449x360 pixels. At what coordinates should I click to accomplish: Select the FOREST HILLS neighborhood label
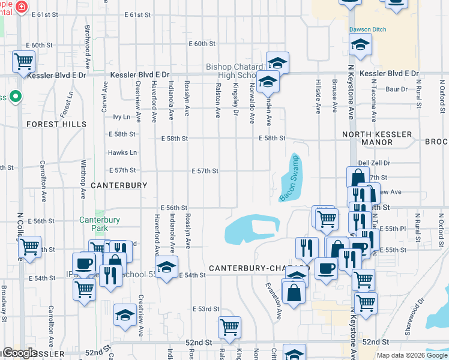tap(56, 124)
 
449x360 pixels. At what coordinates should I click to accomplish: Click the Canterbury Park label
tap(100, 224)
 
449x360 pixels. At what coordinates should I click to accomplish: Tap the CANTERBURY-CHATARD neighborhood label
tap(258, 267)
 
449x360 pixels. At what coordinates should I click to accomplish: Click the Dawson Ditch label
tap(368, 29)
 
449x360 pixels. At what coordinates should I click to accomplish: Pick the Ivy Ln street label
tap(122, 117)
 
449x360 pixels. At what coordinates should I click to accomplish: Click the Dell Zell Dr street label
tap(374, 163)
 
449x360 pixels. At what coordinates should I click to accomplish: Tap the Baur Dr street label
tap(396, 89)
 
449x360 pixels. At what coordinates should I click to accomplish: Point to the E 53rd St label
tap(205, 309)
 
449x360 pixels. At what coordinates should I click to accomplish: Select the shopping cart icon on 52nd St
tap(229, 328)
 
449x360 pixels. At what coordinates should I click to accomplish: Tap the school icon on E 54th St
tap(167, 267)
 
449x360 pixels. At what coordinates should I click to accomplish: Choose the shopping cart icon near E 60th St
tap(23, 61)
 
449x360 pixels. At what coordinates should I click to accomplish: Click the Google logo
tap(20, 353)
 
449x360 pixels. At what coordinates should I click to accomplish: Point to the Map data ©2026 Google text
tap(411, 355)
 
